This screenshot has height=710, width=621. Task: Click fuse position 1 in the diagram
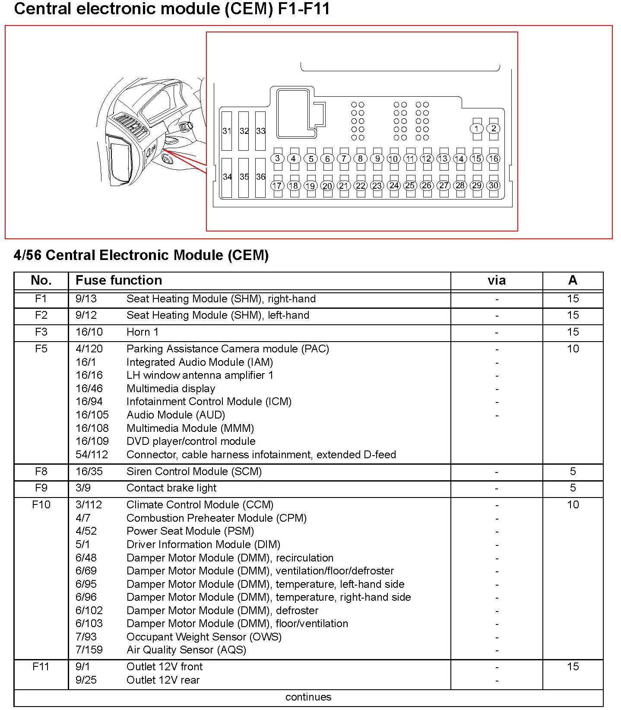click(x=477, y=128)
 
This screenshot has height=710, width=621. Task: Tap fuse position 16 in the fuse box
click(x=493, y=158)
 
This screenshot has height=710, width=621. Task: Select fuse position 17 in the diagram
click(x=277, y=186)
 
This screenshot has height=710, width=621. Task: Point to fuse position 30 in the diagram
click(x=493, y=185)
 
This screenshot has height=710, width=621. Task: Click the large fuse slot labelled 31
click(x=227, y=131)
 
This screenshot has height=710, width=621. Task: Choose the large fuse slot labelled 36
click(x=260, y=177)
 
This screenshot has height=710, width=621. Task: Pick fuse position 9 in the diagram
click(x=377, y=158)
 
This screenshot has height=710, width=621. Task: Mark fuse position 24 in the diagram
click(x=393, y=185)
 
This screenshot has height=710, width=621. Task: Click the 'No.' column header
click(x=41, y=280)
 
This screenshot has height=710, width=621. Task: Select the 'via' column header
click(x=497, y=281)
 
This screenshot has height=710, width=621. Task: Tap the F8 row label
click(x=41, y=471)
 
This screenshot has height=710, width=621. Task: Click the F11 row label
click(x=41, y=666)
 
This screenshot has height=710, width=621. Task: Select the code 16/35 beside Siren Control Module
click(x=89, y=471)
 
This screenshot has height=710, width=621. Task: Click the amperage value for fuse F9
click(x=573, y=488)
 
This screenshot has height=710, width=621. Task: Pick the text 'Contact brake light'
click(x=171, y=488)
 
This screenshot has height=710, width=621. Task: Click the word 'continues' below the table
click(x=308, y=697)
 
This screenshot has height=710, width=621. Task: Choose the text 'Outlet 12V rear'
click(x=163, y=680)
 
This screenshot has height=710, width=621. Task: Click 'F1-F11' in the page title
click(x=304, y=9)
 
